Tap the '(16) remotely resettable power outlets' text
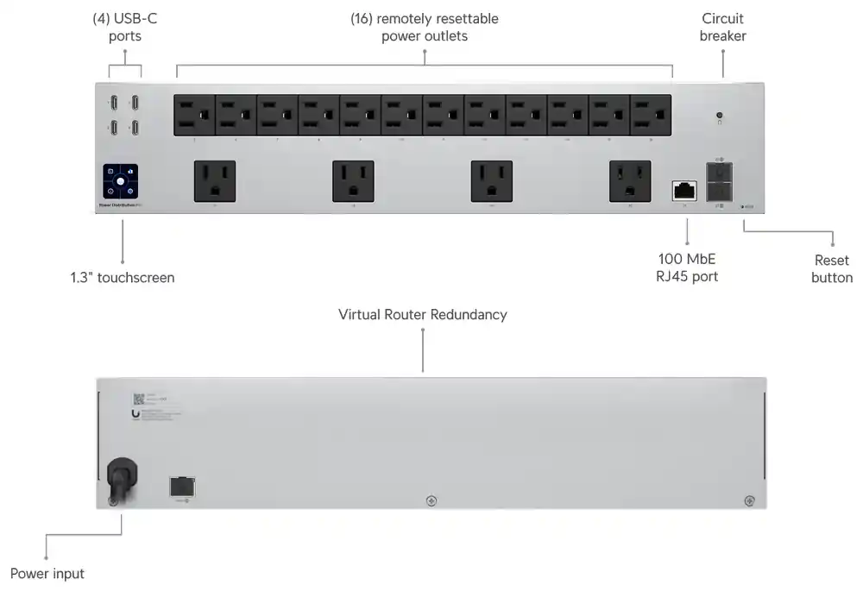[424, 27]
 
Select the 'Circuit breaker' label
[722, 27]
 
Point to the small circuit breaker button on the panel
[719, 116]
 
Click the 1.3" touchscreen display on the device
[120, 182]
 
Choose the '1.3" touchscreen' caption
[123, 278]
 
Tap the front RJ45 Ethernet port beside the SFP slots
[684, 191]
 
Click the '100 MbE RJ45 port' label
[687, 268]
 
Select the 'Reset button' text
[832, 268]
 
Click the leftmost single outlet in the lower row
[215, 182]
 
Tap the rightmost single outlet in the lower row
[629, 182]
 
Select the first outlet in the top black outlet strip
[195, 116]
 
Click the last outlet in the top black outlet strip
[651, 116]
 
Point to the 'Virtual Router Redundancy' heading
[422, 314]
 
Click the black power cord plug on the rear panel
[122, 479]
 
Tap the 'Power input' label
[47, 573]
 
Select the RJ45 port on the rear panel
[182, 486]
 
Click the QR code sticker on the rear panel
[138, 400]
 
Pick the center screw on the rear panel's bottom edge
[431, 501]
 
